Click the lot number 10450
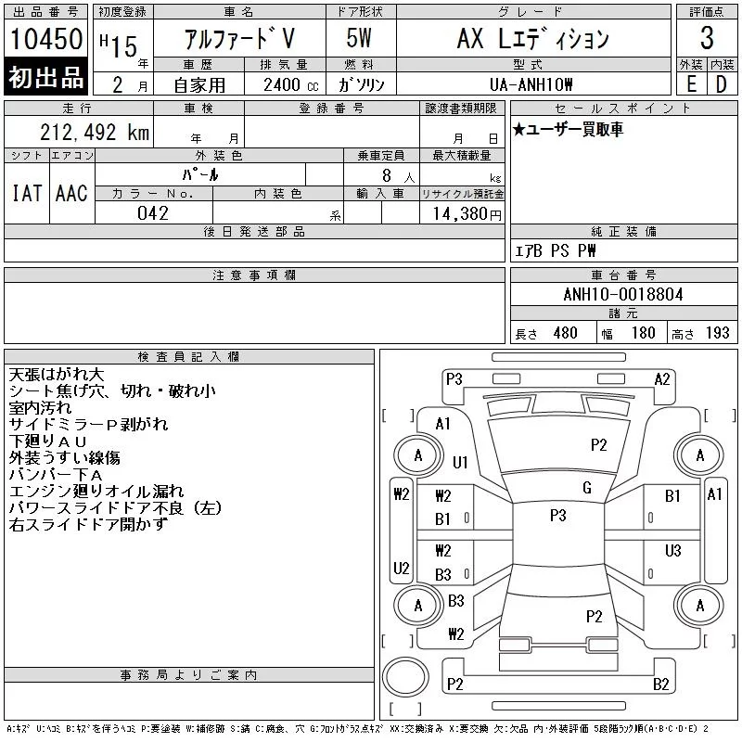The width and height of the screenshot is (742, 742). point(47,39)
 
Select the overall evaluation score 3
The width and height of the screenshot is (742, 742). point(707,39)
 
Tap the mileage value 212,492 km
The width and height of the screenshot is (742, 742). point(81,133)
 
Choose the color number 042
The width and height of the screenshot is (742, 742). point(153,213)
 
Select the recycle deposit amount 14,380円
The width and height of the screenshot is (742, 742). point(461,213)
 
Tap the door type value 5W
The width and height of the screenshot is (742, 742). point(360,39)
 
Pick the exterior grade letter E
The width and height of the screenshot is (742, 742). point(691,82)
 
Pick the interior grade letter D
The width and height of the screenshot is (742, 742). point(721,82)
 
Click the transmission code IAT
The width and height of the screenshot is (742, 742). point(26,193)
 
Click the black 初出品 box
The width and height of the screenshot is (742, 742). point(46,78)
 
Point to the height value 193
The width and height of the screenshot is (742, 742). point(718,333)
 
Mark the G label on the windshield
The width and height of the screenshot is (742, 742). point(587,488)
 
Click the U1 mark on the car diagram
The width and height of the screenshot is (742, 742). point(461,462)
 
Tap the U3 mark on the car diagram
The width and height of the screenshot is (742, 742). point(672,551)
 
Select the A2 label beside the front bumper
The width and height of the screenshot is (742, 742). point(662,378)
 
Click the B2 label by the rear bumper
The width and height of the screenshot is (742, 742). point(661,684)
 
